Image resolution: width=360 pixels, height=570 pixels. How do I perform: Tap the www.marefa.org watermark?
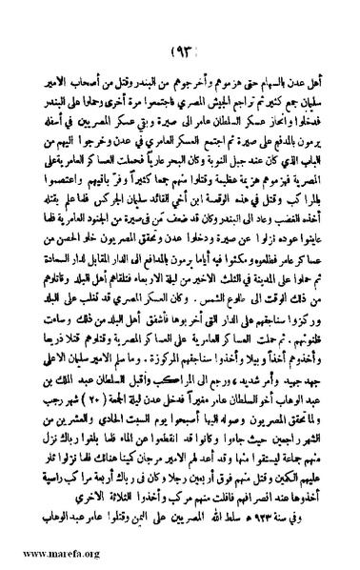[x=46, y=552]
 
